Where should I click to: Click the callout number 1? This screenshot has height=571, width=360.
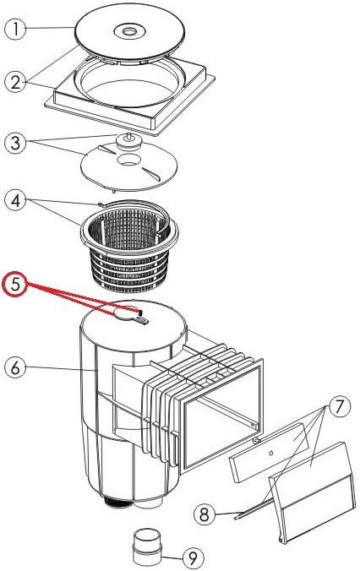click(x=15, y=29)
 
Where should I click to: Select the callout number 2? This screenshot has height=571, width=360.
click(x=15, y=82)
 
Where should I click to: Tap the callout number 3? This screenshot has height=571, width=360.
click(x=15, y=143)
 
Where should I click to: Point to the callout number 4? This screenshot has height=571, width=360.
click(x=15, y=201)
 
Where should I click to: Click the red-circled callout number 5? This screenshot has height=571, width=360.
click(x=15, y=285)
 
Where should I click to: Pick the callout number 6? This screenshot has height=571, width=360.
click(x=15, y=367)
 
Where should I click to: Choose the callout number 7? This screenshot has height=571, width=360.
click(x=339, y=406)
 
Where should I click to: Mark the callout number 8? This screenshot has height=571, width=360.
click(x=204, y=514)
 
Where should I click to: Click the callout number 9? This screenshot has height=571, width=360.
click(x=193, y=557)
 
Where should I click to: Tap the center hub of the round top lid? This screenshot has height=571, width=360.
click(x=128, y=32)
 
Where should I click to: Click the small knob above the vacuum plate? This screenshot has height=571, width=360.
click(x=128, y=140)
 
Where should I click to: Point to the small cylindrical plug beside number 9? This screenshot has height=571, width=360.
click(x=145, y=547)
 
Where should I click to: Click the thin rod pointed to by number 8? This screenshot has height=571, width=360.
click(x=254, y=508)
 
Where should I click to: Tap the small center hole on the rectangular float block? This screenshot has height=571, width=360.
click(x=270, y=453)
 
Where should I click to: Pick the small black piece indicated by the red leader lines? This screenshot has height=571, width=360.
click(x=140, y=312)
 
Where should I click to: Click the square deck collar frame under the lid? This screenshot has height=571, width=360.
click(x=129, y=95)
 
